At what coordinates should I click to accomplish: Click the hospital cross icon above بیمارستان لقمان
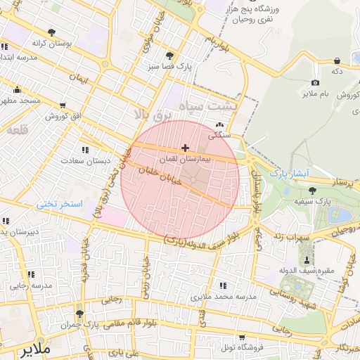click(x=185, y=148)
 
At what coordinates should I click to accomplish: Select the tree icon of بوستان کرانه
click(x=51, y=32)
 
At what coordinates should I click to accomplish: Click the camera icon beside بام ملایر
click(x=316, y=82)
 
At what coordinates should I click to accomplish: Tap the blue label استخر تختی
click(x=60, y=204)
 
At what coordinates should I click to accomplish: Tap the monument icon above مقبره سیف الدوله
click(x=305, y=259)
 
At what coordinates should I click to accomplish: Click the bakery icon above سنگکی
click(x=218, y=126)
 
